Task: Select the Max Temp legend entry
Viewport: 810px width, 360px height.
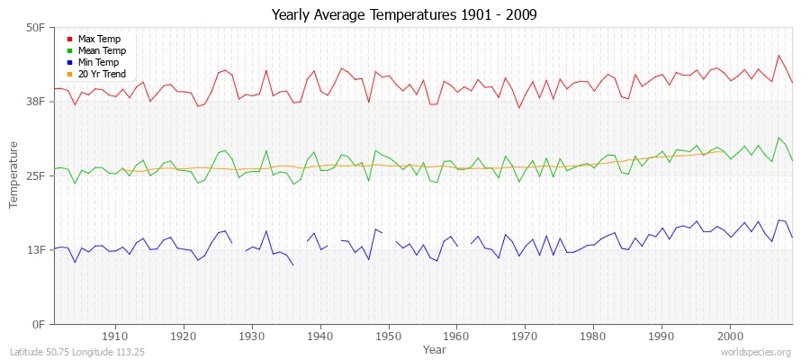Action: [x=99, y=39]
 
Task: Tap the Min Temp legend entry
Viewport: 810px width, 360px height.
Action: [x=99, y=62]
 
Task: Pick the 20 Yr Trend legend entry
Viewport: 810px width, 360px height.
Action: [x=102, y=74]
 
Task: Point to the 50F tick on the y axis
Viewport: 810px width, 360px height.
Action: [x=35, y=28]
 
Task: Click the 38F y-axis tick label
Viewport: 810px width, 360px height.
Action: [x=35, y=102]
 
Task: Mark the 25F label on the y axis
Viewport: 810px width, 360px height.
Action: [x=35, y=175]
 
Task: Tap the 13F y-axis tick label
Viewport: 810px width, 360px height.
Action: [x=35, y=249]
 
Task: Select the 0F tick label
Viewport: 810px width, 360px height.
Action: [x=38, y=324]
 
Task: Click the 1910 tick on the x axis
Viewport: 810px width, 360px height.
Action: [x=115, y=337]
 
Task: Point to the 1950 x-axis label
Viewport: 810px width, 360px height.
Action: [x=388, y=337]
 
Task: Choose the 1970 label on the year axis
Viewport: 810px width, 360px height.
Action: [x=525, y=337]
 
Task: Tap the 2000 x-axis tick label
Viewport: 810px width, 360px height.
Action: [x=729, y=337]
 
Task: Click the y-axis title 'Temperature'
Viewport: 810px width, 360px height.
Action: [x=14, y=175]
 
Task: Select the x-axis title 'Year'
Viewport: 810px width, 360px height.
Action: [x=434, y=348]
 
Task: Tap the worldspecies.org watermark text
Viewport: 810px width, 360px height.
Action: [x=757, y=353]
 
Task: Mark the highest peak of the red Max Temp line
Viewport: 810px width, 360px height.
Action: [x=779, y=55]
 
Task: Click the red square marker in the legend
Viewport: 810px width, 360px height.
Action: [x=70, y=40]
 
